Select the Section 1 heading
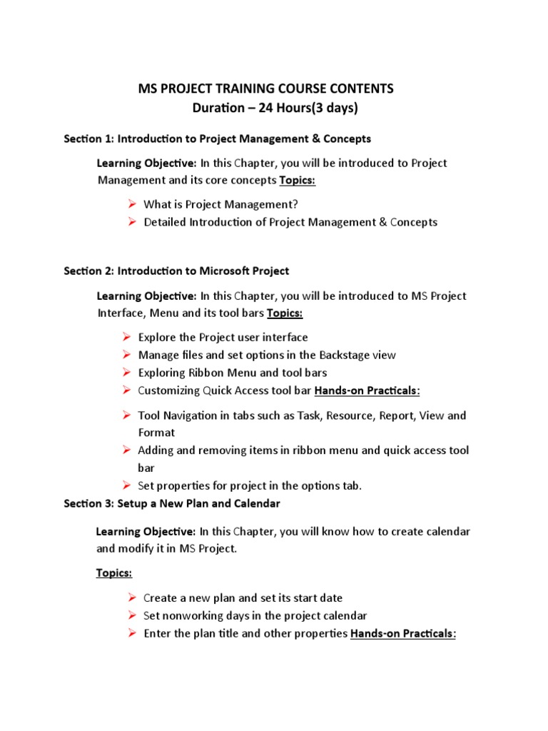click(x=217, y=138)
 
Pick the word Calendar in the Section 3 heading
click(x=258, y=503)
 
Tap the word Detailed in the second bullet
click(x=165, y=222)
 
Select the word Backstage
click(x=347, y=355)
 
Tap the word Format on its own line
click(x=156, y=433)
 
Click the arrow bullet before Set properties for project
click(x=126, y=485)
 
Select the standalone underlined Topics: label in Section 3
click(x=114, y=573)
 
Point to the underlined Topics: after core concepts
click(x=298, y=181)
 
